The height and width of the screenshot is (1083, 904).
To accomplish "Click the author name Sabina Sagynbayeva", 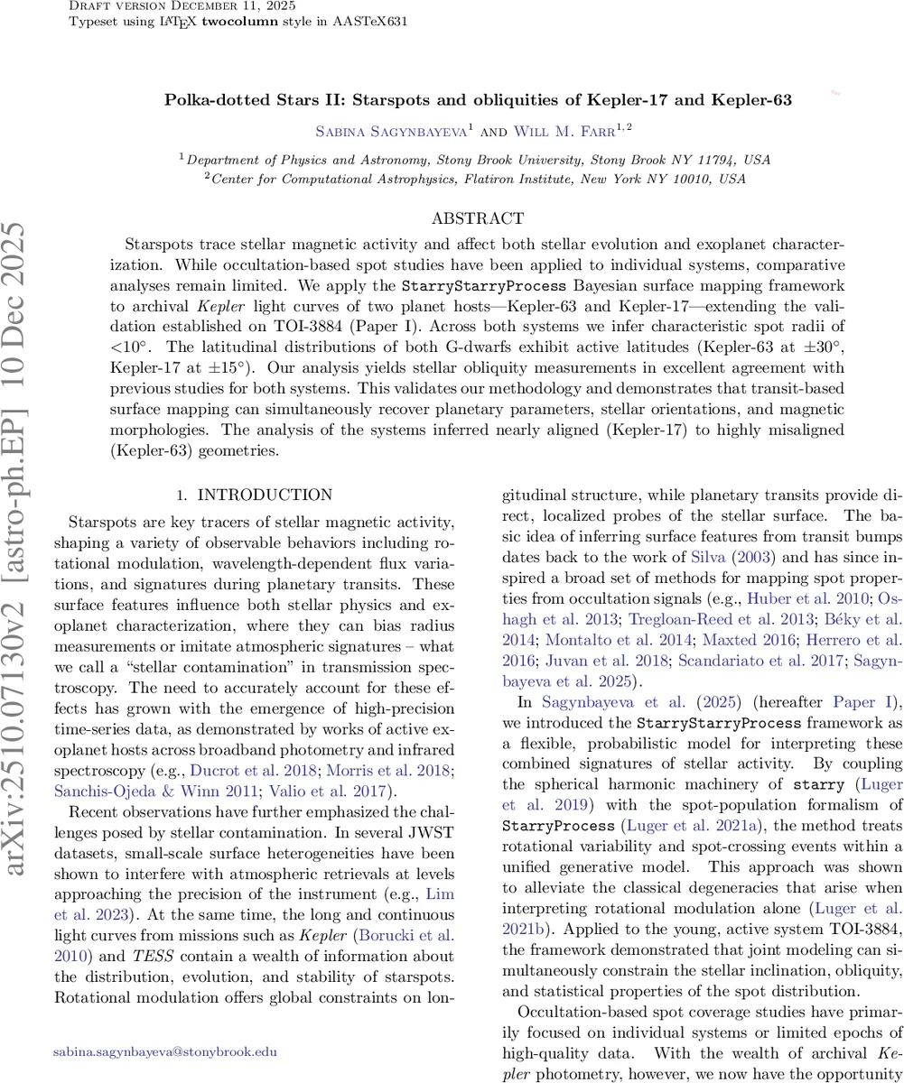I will coord(391,131).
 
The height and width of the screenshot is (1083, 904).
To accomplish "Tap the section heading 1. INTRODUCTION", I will coord(241,495).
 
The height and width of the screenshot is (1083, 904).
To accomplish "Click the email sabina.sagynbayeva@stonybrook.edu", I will coord(165,1026).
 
